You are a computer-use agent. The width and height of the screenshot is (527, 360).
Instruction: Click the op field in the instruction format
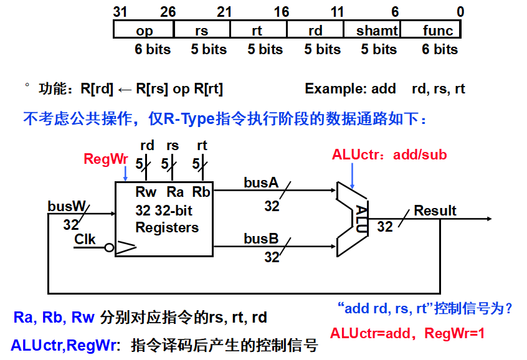pos(144,31)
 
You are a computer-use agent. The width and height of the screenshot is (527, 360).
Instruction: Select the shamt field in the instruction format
pos(372,31)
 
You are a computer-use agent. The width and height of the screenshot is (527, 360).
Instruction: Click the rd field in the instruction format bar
pos(315,31)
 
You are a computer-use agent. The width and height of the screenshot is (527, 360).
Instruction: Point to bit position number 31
pos(120,12)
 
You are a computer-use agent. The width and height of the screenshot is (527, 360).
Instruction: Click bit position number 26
pos(168,12)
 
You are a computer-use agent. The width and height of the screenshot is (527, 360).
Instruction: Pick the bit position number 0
pos(460,12)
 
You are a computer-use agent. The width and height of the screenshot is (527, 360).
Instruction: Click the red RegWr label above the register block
pos(106,159)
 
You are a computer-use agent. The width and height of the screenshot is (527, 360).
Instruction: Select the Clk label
pos(85,239)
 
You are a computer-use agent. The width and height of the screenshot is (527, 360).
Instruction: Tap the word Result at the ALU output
pos(435,211)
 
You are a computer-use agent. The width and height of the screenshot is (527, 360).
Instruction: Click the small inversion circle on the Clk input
pos(109,248)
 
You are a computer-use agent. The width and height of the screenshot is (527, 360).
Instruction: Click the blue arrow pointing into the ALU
pos(352,176)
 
